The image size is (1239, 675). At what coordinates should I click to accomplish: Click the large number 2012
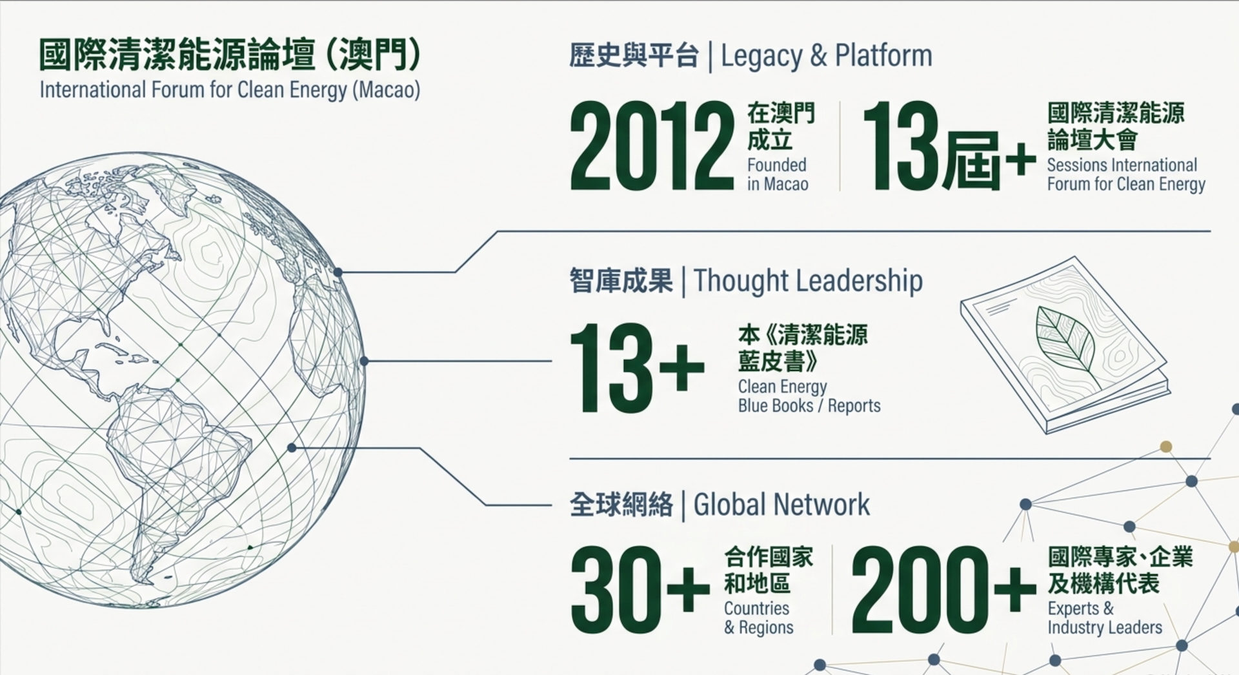point(652,146)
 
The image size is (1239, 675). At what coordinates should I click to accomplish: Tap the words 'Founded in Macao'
point(778,174)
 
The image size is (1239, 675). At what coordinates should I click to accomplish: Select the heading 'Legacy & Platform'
point(827,56)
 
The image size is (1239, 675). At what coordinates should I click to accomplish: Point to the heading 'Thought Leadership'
point(808,281)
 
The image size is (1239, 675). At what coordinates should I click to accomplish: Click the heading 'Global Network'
point(781,505)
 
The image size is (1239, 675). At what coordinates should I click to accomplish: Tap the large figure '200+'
point(943,589)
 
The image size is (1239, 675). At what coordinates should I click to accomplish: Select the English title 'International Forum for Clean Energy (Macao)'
point(230,90)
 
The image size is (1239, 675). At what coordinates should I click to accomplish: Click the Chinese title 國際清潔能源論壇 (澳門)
point(230,54)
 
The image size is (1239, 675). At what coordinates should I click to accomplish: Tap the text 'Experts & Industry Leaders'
point(1104,618)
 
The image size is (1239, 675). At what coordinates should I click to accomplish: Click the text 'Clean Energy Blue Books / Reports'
point(809,396)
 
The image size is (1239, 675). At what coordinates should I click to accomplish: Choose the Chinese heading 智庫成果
point(621,281)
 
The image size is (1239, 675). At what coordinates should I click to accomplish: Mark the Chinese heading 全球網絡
point(621,505)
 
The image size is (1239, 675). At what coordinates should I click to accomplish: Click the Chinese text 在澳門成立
point(781,126)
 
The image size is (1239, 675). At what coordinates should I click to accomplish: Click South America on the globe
point(174,465)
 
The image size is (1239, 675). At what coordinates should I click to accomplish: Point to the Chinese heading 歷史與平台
point(634,56)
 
